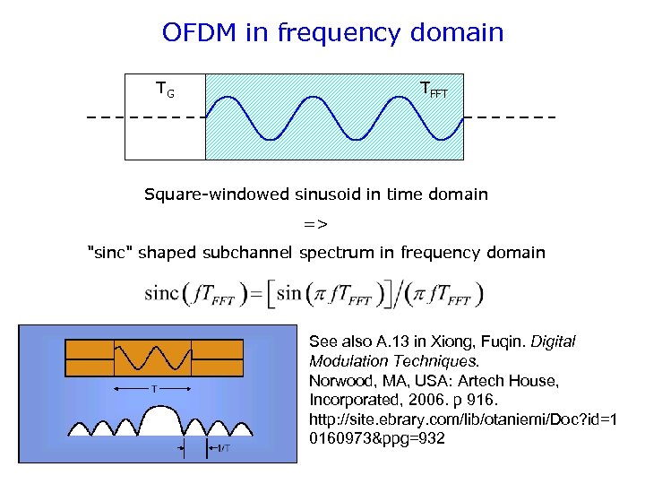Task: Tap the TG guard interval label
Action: (x=164, y=90)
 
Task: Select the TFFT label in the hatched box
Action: (x=434, y=89)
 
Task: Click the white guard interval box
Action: (x=165, y=125)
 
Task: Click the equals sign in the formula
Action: (x=255, y=294)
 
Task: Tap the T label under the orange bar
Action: (x=153, y=389)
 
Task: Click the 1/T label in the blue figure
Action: (x=219, y=448)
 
